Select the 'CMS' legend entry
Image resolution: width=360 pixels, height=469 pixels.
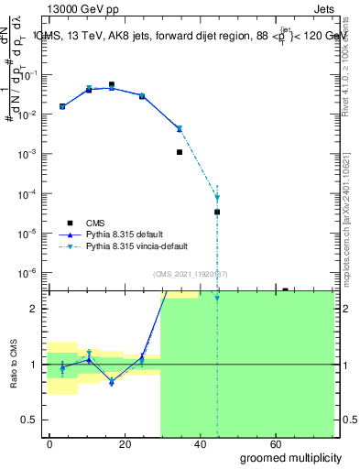point(95,222)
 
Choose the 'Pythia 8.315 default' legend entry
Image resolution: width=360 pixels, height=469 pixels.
point(122,234)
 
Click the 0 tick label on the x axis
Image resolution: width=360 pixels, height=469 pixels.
point(50,443)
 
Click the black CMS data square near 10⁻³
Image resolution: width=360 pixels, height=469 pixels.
point(180,152)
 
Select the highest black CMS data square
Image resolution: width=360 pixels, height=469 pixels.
point(112,84)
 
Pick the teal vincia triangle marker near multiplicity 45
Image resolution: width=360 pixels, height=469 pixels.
point(217,198)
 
